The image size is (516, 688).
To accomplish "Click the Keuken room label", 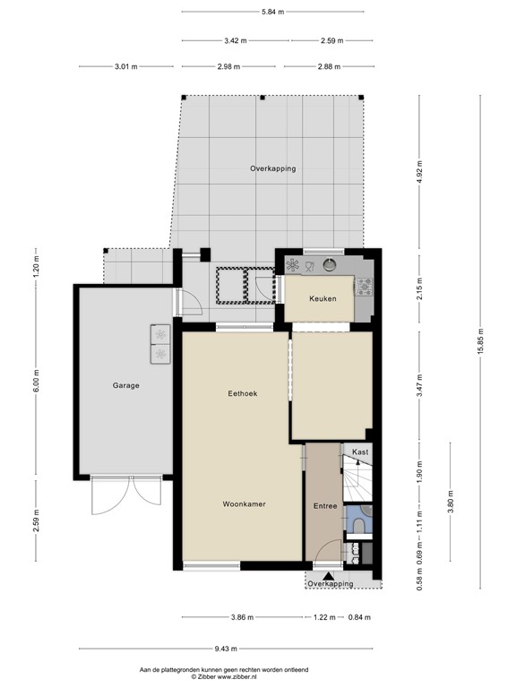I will (x=322, y=298).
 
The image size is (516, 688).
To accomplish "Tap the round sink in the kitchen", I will (x=330, y=264).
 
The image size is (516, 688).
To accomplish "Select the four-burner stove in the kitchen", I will (x=365, y=287).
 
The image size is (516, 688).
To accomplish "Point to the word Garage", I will (x=125, y=385).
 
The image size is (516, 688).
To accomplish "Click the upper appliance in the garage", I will (x=160, y=334).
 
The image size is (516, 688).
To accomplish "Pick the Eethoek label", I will (x=242, y=393).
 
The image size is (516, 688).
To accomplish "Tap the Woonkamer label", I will (x=244, y=504).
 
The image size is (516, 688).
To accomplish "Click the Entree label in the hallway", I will (x=324, y=506).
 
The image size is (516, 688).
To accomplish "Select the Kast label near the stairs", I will (x=359, y=452).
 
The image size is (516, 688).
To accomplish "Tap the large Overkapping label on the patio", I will (x=272, y=168).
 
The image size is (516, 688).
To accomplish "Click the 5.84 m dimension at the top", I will (x=272, y=12).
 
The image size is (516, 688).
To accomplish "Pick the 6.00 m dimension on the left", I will (x=37, y=385).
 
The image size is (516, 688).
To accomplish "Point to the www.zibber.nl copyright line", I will (x=224, y=677).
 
